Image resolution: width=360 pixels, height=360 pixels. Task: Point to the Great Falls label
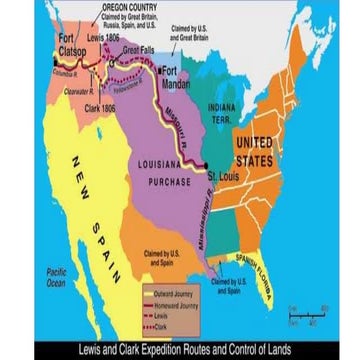coord(137,49)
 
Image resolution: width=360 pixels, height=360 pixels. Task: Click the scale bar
coord(307,317)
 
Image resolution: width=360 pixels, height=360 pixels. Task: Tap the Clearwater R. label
coord(79,89)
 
